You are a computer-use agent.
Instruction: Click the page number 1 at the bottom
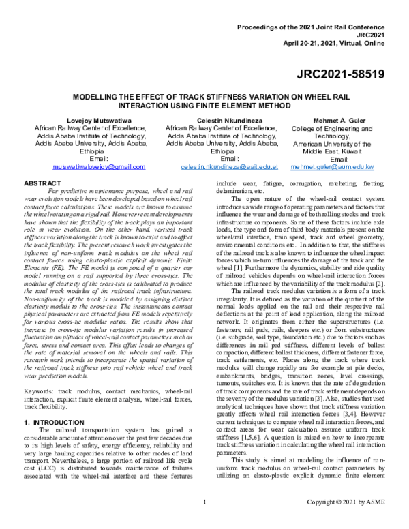pos(204,522)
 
